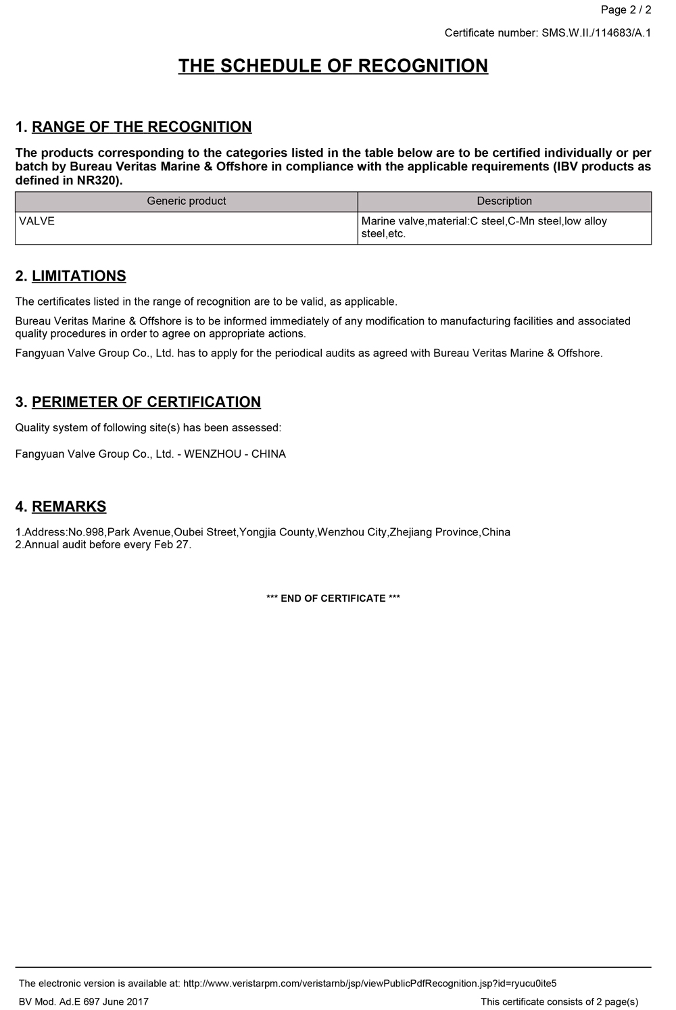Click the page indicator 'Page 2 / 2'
click(625, 9)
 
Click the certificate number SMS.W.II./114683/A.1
click(596, 32)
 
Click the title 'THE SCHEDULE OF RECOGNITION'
click(333, 66)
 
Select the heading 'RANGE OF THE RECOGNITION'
click(141, 127)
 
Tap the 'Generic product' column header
click(186, 201)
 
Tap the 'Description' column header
click(504, 201)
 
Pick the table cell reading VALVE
click(37, 221)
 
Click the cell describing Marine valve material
click(484, 228)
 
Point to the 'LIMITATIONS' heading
click(78, 276)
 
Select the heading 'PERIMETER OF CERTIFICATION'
click(146, 402)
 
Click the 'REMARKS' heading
click(69, 507)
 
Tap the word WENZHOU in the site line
click(212, 454)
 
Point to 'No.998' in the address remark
click(86, 533)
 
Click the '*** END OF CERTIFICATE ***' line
click(333, 598)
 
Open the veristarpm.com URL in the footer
click(370, 984)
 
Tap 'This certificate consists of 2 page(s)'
click(559, 1002)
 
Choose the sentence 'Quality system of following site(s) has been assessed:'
click(148, 428)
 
